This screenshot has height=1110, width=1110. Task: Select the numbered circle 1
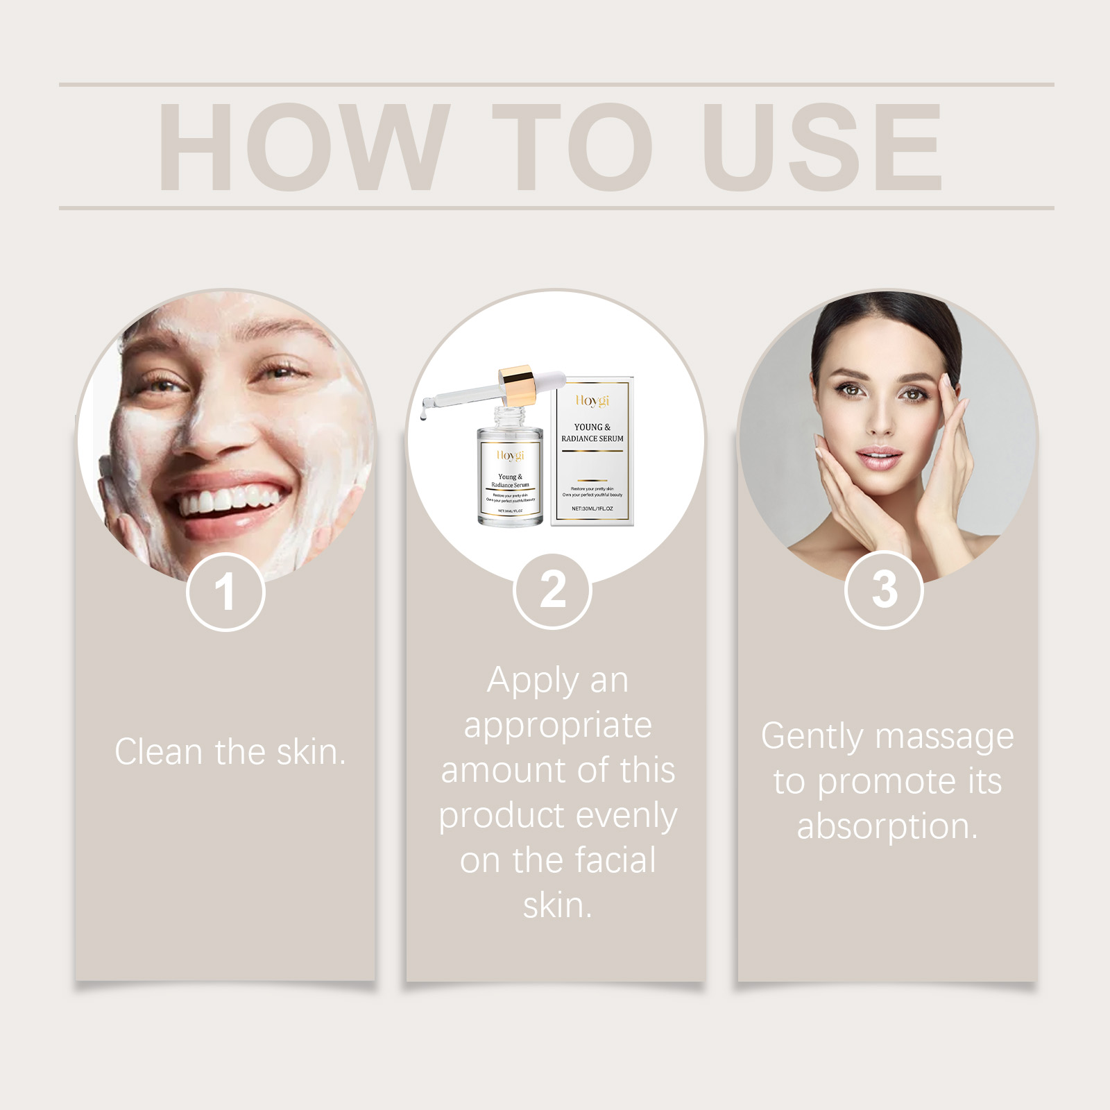pos(225,592)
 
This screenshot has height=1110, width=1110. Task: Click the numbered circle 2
pos(553,590)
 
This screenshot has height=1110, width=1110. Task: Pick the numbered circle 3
pos(884,590)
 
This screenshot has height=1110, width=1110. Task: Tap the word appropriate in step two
pos(558,726)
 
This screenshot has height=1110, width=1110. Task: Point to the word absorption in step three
pos(887,826)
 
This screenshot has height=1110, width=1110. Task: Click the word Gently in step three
pos(811,737)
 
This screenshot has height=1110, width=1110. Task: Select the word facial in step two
pos(615,860)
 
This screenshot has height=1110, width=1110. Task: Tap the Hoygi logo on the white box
pos(592,401)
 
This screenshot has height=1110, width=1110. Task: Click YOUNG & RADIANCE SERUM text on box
pos(592,433)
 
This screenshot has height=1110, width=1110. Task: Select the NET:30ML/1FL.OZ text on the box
pos(592,509)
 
